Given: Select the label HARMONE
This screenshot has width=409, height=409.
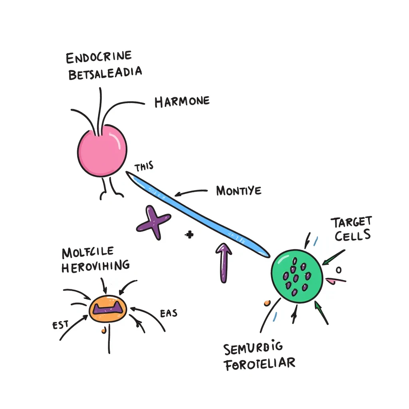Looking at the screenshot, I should click(x=182, y=101).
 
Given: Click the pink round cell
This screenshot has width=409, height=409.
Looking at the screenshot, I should click(x=102, y=150).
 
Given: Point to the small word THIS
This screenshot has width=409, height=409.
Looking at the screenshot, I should click(x=144, y=167).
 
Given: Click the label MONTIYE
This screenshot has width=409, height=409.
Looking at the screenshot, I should click(x=238, y=191).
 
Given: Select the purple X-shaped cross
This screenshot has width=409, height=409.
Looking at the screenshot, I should click(x=153, y=222).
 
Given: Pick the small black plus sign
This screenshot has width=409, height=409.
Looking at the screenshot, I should click(x=189, y=235).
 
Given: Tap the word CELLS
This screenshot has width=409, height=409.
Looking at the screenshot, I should click(x=352, y=236).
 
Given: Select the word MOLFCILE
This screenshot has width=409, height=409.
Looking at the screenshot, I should click(x=88, y=252).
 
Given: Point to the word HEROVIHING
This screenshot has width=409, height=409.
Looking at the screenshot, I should click(x=95, y=266).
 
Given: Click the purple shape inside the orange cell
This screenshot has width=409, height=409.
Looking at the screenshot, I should click(x=107, y=308).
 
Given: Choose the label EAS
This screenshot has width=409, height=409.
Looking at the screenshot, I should click(x=168, y=314).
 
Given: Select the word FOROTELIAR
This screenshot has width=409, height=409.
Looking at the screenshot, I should click(x=259, y=364).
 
